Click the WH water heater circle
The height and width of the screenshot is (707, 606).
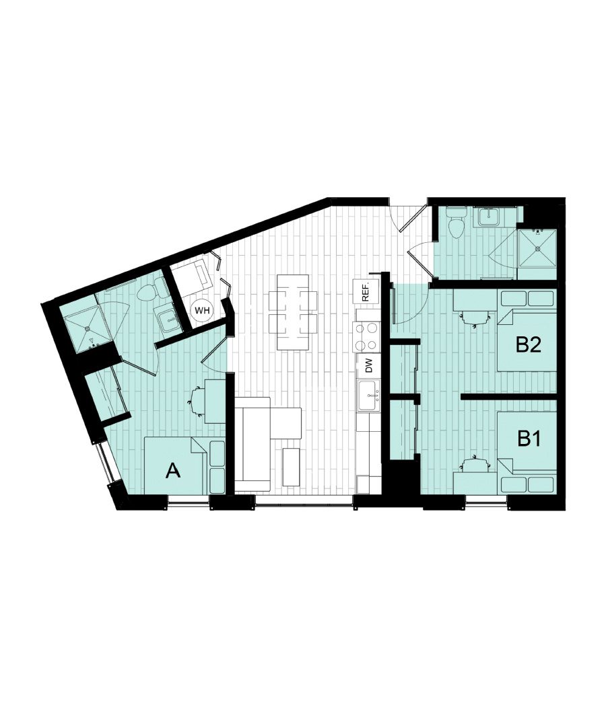pyautogui.click(x=200, y=310)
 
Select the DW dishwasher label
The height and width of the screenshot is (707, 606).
pyautogui.click(x=368, y=367)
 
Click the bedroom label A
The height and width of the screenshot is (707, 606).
pyautogui.click(x=173, y=472)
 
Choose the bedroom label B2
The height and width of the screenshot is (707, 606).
pyautogui.click(x=529, y=345)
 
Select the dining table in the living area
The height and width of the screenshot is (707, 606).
pyautogui.click(x=293, y=311)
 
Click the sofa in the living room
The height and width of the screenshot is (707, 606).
pyautogui.click(x=252, y=444)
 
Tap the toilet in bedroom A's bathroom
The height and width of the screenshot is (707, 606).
pyautogui.click(x=148, y=291)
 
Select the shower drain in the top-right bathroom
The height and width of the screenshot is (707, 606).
pyautogui.click(x=537, y=248)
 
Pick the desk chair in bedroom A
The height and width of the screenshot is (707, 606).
pyautogui.click(x=195, y=402)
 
